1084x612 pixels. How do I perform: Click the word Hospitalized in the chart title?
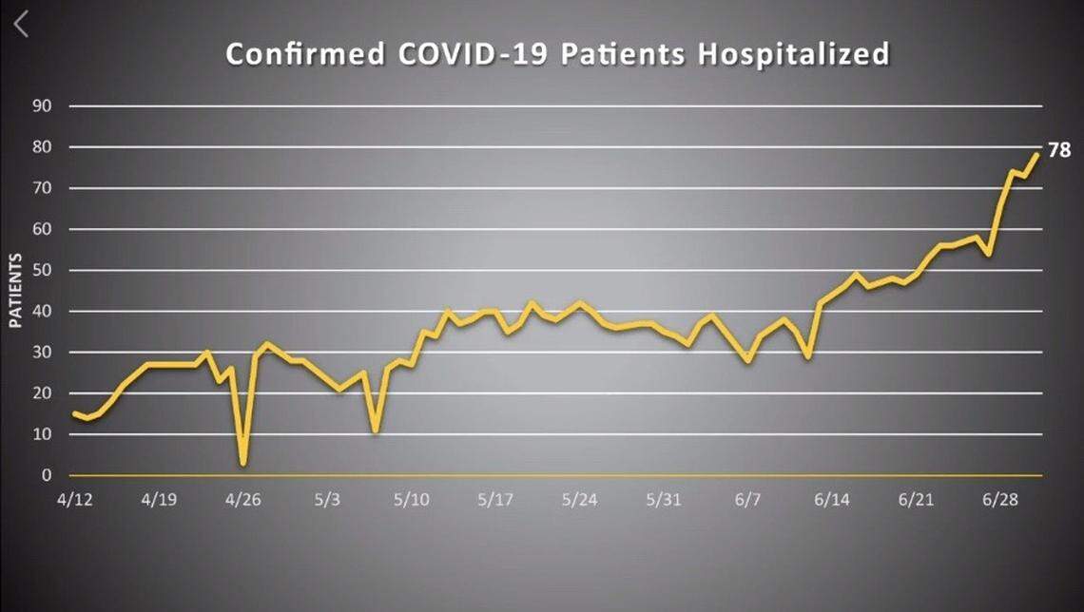tap(794, 54)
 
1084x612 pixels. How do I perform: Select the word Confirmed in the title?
tap(304, 54)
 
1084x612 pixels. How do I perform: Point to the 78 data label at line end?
tap(1059, 150)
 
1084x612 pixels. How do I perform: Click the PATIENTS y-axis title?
tap(16, 291)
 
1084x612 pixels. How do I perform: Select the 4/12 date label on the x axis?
tap(75, 500)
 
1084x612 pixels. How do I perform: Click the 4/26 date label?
tap(243, 500)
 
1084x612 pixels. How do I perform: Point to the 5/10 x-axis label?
tap(412, 500)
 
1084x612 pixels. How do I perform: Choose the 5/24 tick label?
tap(579, 500)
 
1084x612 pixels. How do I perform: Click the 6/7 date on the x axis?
tap(747, 500)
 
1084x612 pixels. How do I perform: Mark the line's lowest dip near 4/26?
tap(243, 464)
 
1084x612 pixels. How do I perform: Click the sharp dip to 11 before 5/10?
tap(377, 430)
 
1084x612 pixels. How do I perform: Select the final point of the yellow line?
tap(1036, 154)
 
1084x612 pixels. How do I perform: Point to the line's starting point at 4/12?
tap(74, 413)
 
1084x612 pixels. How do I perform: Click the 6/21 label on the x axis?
tap(914, 500)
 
